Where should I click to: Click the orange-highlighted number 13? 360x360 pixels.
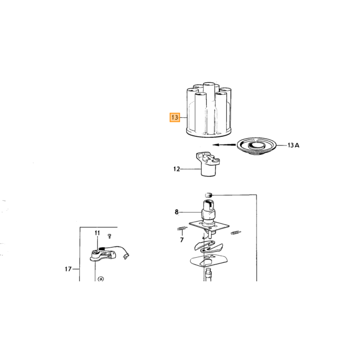coord(175,118)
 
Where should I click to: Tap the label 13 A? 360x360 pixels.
coord(294,145)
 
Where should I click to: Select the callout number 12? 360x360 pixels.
coord(176,169)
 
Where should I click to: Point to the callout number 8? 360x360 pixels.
coord(176,212)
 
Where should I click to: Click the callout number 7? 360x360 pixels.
coord(182,240)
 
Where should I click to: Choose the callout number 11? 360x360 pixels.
coord(97,233)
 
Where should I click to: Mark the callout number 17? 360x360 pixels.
coord(68,269)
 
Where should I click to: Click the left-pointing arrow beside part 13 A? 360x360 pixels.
coord(224,145)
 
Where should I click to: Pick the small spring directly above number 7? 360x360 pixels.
coord(182,228)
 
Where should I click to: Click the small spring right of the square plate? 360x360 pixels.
coord(236,233)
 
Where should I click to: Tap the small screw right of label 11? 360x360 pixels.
coord(110,236)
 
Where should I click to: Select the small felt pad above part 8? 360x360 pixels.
coord(208,195)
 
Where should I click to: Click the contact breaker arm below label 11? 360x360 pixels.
coord(103,255)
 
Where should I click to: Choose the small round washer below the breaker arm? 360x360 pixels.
coord(101,279)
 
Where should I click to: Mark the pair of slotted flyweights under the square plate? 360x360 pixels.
coord(208,246)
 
